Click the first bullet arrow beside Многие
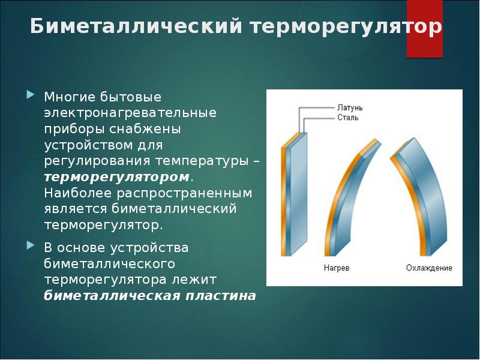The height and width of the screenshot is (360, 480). [31, 95]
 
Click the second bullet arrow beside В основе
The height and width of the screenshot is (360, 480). [31, 246]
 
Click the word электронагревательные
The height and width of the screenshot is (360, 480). [130, 113]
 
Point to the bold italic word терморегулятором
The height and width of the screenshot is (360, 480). [116, 178]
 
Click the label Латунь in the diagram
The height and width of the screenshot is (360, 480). [350, 108]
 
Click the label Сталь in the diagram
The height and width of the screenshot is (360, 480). [347, 118]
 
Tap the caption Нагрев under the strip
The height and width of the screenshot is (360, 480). [336, 268]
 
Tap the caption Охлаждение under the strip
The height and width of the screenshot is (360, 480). [428, 268]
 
